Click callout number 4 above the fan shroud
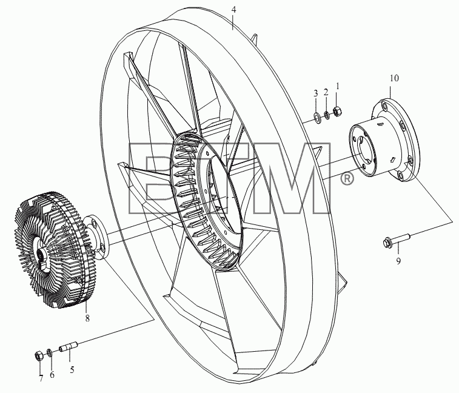pos(233,10)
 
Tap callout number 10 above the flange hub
pos(394,78)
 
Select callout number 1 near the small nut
pos(338,86)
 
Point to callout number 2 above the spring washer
pos(326,92)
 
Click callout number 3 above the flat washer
pos(315,93)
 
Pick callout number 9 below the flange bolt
pos(398,261)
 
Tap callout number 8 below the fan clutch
pos(87,318)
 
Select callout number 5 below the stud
pos(72,370)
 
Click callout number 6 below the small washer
pos(52,375)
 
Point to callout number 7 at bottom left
pos(41,378)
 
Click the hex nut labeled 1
pos(338,111)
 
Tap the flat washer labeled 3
pos(317,117)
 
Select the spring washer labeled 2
pos(327,115)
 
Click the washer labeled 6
pos(50,352)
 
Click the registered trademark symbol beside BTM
pos(347,178)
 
